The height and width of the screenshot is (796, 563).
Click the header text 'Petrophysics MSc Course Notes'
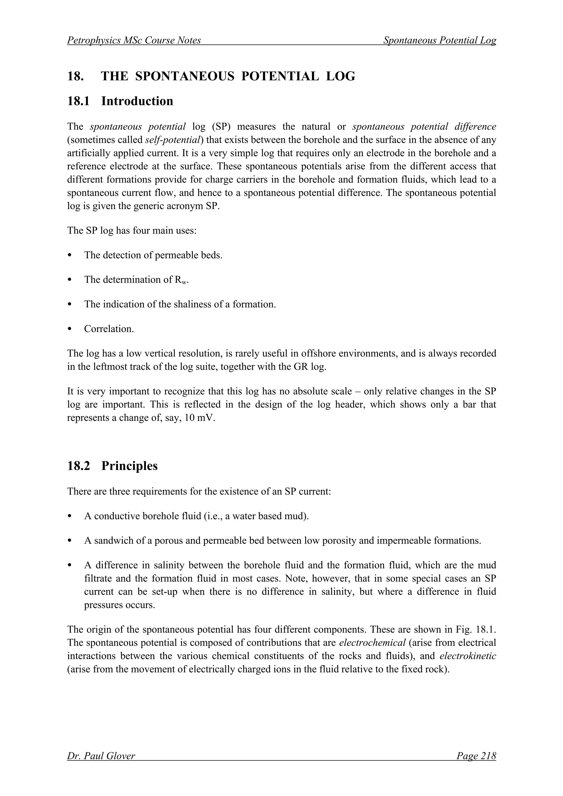134,41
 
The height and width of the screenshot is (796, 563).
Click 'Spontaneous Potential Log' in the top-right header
440,41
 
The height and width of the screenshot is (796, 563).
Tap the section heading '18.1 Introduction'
120,101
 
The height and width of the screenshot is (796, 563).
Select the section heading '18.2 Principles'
112,466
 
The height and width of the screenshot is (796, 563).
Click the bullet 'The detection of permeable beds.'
153,255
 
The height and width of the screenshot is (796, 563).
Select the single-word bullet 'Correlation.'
109,329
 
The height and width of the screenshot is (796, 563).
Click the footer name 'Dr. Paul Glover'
101,756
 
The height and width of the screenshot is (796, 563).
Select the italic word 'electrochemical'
372,642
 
